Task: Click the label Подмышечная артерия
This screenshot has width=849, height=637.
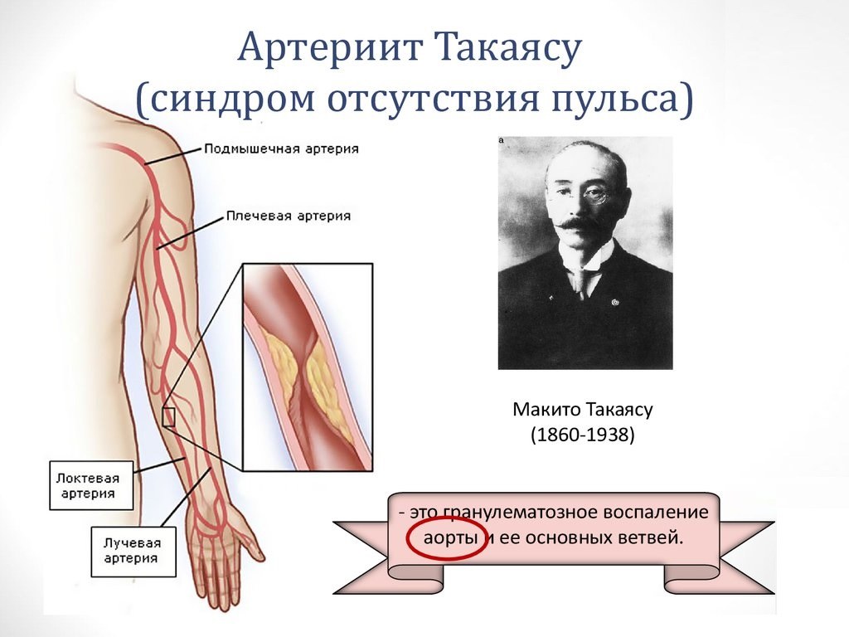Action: [x=282, y=149]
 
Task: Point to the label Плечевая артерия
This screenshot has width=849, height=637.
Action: [x=289, y=216]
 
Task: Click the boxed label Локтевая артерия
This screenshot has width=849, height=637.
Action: [x=91, y=485]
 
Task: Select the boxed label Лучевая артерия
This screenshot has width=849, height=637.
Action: [x=133, y=552]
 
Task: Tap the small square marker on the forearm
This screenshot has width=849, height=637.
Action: [x=169, y=417]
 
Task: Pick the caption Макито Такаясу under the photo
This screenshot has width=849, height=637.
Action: [x=583, y=410]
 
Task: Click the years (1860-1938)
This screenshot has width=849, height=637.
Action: [x=583, y=435]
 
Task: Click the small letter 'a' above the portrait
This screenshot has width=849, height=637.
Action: [x=502, y=140]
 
